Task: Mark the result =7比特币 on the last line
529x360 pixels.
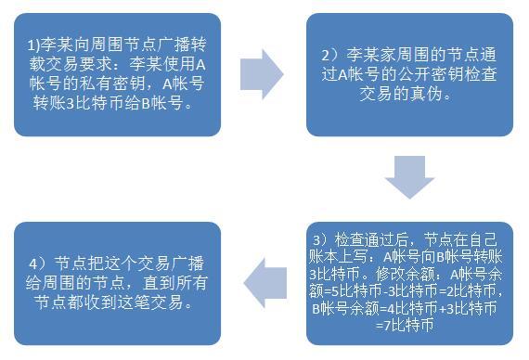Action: (x=408, y=326)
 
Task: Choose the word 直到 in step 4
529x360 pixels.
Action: (x=147, y=283)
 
